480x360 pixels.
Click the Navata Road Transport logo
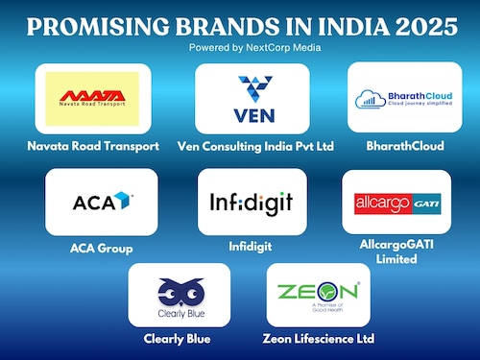[93, 98]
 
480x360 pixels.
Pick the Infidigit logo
[252, 203]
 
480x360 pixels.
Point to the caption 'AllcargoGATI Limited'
[396, 252]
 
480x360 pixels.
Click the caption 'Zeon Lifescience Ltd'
[319, 339]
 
